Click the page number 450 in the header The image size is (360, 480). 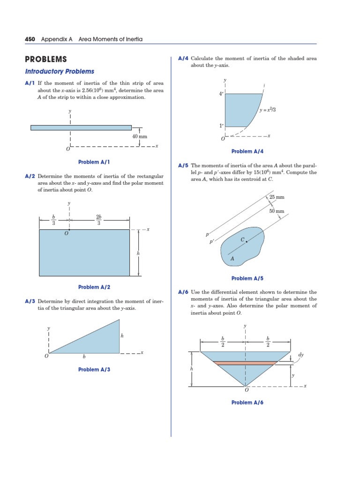[x=30, y=39]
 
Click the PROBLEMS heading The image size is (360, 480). [x=45, y=60]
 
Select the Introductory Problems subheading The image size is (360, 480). [x=60, y=71]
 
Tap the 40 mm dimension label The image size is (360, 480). [x=140, y=136]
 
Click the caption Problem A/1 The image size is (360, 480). [x=94, y=162]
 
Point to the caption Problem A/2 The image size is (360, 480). [x=94, y=287]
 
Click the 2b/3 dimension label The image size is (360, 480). [x=99, y=219]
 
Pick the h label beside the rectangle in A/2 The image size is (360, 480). [x=138, y=253]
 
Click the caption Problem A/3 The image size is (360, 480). [x=94, y=370]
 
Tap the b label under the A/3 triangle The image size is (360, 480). [x=84, y=357]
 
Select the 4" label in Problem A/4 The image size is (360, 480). [x=221, y=94]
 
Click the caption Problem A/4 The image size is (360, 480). [x=247, y=151]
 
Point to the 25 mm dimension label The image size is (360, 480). [x=277, y=197]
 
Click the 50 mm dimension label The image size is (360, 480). [x=277, y=211]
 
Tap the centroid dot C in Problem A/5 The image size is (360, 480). [x=247, y=241]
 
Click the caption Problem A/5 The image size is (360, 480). [x=247, y=278]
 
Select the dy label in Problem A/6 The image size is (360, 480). [x=301, y=355]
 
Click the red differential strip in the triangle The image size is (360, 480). [x=244, y=363]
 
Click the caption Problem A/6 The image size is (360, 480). [x=247, y=403]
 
